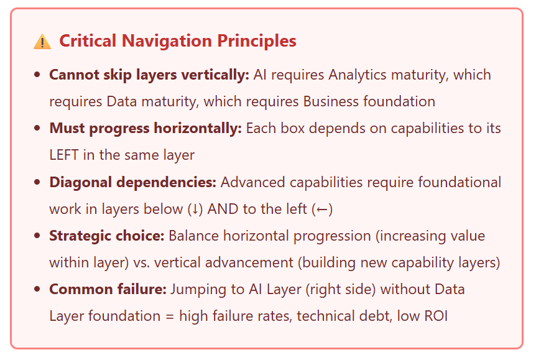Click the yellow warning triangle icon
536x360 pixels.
point(42,42)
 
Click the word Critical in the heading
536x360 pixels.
point(88,40)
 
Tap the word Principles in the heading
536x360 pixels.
point(257,40)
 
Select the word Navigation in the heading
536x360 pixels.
point(167,42)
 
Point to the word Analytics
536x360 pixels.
point(358,75)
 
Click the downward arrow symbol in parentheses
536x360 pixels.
point(195,209)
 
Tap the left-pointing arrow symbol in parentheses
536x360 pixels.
point(322,210)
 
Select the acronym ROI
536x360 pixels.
point(436,316)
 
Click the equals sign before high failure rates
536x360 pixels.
point(170,316)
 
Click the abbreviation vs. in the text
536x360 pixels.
point(141,263)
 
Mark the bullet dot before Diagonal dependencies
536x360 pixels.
point(37,182)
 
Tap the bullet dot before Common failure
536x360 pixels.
point(37,289)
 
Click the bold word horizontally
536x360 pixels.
point(198,129)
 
